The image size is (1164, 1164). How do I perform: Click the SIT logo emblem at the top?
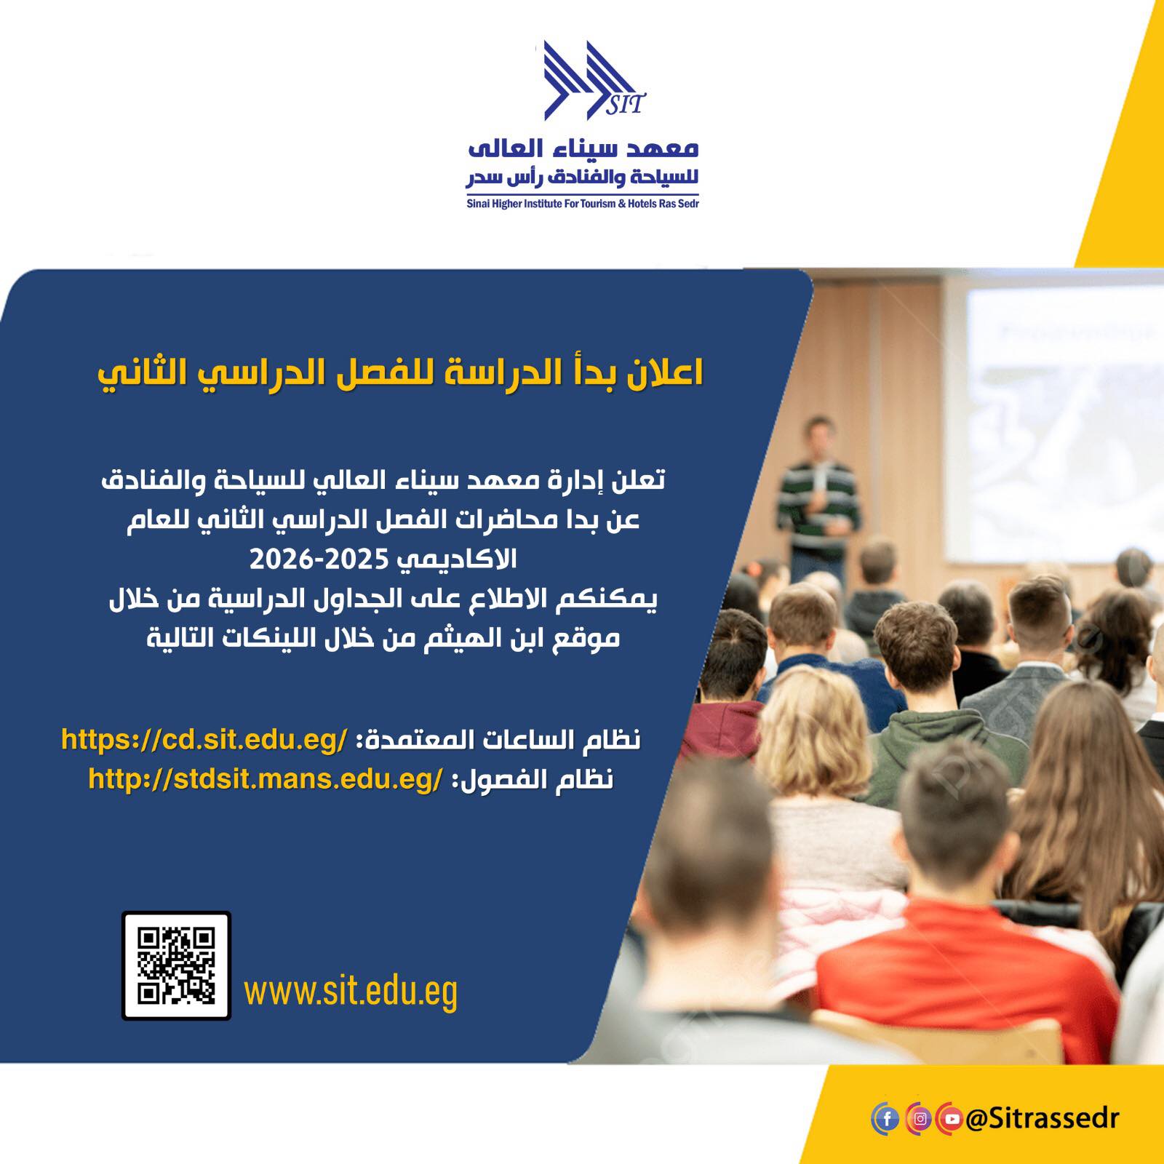click(591, 81)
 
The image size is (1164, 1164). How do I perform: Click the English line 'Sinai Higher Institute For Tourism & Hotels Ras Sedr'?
click(583, 204)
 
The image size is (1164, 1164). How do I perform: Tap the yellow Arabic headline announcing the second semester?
click(400, 372)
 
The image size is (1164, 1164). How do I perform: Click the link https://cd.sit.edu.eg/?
click(204, 739)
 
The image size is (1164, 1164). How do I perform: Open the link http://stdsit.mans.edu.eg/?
click(265, 779)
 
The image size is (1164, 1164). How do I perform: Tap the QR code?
click(176, 965)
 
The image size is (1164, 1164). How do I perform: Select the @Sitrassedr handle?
click(1042, 1119)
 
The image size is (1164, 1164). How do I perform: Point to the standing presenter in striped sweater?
click(817, 495)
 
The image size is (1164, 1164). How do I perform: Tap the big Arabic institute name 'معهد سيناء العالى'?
click(583, 147)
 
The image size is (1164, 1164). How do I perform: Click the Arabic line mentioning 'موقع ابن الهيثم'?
click(383, 638)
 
